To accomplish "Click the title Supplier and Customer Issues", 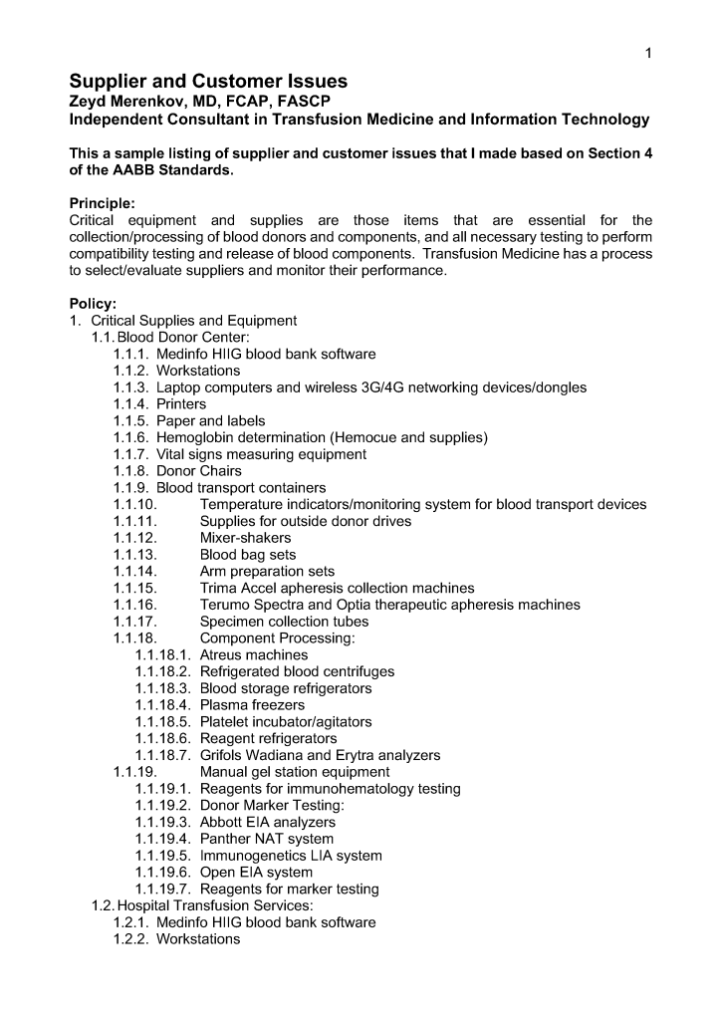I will [x=208, y=82].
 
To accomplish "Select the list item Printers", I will [x=181, y=404].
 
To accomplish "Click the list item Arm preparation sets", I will [x=267, y=572].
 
